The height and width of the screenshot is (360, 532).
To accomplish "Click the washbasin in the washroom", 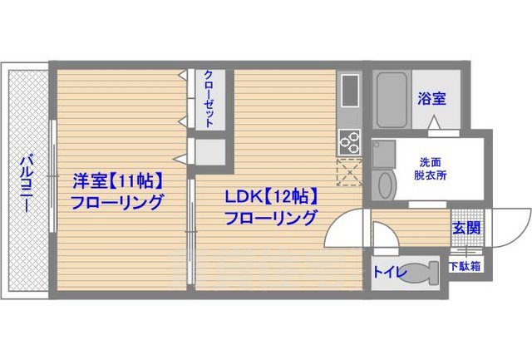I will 384,184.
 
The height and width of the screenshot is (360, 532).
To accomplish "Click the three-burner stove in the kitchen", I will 348,142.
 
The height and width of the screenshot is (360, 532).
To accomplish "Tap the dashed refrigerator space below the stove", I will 348,170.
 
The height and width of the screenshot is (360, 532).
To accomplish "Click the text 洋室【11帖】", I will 116,180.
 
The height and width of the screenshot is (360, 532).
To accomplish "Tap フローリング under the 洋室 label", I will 116,202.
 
